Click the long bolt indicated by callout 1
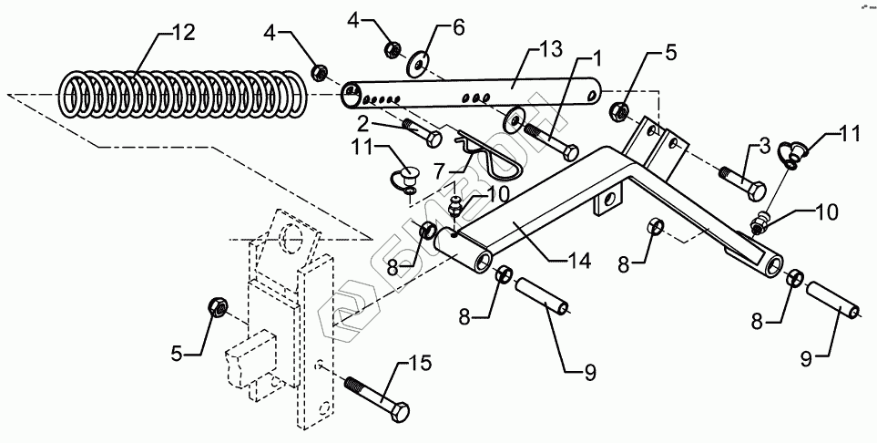point(556,142)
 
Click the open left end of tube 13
point(350,91)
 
